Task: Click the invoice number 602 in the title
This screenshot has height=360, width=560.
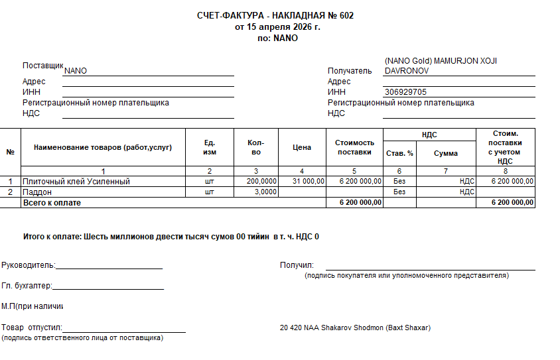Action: click(346, 16)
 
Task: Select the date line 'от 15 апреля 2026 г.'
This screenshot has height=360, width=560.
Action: click(277, 27)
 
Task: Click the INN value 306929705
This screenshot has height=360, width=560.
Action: click(405, 92)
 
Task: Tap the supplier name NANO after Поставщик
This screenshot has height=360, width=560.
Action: click(76, 71)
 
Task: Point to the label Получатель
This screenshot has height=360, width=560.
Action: click(350, 71)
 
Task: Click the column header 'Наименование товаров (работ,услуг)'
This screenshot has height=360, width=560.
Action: click(103, 147)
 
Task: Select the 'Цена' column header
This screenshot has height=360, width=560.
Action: click(302, 147)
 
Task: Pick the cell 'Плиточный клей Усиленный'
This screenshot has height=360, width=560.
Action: click(76, 181)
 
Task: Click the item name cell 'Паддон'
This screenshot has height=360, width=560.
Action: click(37, 192)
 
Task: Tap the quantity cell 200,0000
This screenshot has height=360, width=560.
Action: click(261, 181)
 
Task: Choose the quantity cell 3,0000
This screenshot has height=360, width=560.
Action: click(265, 192)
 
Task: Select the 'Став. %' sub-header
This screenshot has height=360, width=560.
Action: click(399, 153)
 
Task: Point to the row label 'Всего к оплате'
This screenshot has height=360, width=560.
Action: click(52, 203)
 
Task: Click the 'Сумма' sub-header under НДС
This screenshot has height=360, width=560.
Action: click(446, 153)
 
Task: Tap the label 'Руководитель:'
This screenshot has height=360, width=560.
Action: click(29, 265)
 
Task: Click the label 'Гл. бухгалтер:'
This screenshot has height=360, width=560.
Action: click(27, 286)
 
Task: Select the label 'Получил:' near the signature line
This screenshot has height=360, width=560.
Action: click(297, 265)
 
